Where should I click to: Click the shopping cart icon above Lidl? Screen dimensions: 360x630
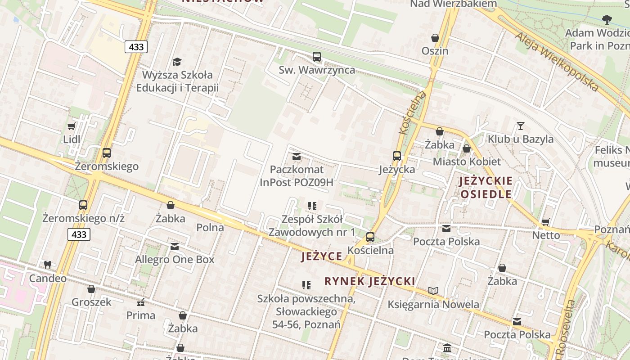pos(71,126)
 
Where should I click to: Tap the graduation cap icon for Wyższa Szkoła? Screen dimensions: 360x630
pos(177,62)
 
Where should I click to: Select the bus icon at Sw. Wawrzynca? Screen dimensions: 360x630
pos(317,57)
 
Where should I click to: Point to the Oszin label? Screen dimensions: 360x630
pos(435,51)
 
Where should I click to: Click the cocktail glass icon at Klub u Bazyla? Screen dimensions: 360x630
pos(521,126)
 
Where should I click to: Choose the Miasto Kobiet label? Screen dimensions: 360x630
pos(466,162)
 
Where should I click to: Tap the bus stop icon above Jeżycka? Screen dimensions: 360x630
pos(396,156)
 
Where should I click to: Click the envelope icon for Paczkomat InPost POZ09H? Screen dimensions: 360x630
pos(297,157)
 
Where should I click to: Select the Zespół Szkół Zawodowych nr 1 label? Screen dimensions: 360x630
pos(312,226)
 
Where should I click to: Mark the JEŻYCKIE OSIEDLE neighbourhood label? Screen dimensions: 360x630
pos(486,188)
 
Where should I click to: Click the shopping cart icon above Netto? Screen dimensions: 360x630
pos(546,222)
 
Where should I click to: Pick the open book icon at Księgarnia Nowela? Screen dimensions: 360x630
pos(433,291)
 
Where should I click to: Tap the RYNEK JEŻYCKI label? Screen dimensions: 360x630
pos(369,282)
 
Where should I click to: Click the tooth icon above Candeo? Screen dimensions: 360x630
pos(48,265)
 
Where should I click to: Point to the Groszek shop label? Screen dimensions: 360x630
pos(91,302)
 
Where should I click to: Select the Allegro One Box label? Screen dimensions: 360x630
pos(175,260)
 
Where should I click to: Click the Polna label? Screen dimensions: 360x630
pos(210,228)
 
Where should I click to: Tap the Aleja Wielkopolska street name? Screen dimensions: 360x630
pos(557,62)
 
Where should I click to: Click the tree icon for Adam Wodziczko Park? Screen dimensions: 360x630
pos(607,19)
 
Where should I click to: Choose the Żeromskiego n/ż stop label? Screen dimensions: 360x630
pos(83,218)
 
